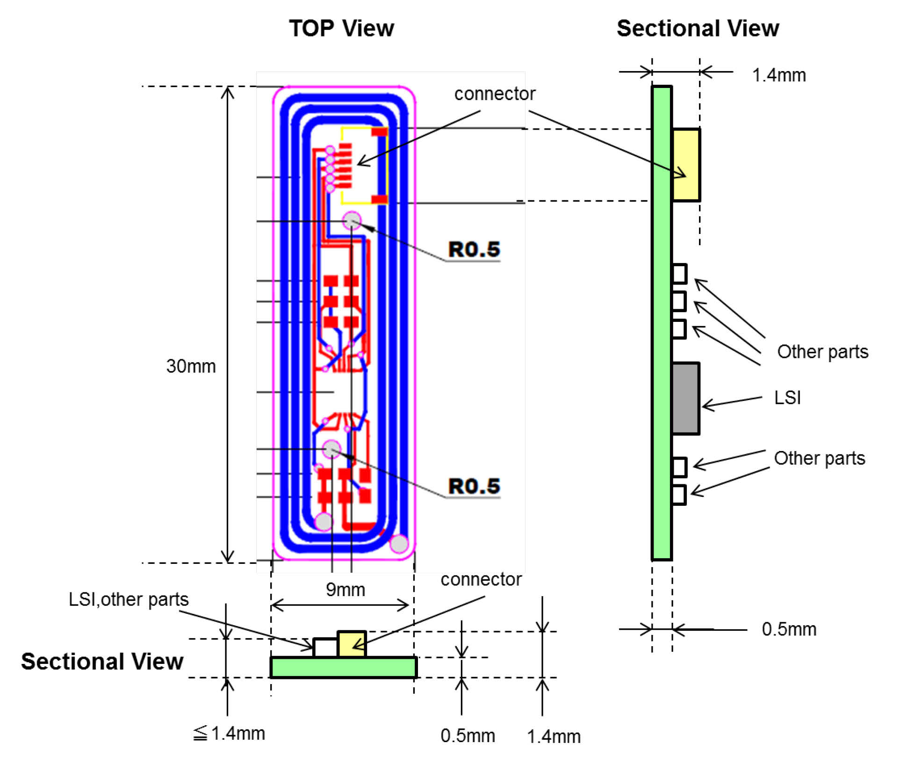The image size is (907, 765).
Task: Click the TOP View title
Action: coord(341,28)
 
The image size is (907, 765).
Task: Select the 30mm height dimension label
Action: coord(191,366)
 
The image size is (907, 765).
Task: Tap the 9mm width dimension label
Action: coord(346,590)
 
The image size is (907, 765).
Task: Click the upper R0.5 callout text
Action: coord(474,249)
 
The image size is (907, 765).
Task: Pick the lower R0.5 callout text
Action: coord(474,486)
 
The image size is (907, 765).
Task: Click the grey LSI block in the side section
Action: coord(685,398)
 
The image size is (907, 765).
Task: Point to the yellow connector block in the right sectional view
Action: coord(686,165)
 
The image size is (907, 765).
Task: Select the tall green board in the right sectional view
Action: coord(662,323)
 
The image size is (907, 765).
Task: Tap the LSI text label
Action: coord(787,398)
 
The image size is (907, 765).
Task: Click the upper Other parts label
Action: coord(822,351)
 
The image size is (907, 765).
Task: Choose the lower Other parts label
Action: coord(819,458)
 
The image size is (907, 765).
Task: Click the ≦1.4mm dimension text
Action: coord(229,733)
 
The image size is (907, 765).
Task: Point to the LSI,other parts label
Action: coord(129,599)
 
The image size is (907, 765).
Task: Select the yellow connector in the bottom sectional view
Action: coord(352,644)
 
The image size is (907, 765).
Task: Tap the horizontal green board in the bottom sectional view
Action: coord(344,668)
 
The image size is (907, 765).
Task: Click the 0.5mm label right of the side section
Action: coord(789,629)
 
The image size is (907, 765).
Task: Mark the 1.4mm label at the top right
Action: coord(779,75)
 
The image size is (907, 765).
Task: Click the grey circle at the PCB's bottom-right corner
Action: coord(399,544)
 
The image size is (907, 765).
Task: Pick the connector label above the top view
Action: coord(495,94)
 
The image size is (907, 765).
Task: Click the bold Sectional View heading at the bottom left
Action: coord(102,662)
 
